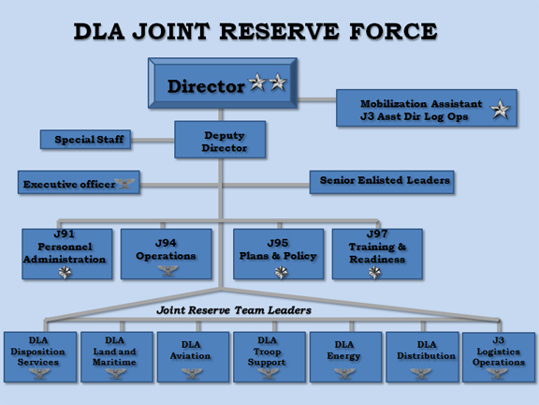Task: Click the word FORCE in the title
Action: pos(393,31)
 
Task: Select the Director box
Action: pos(223,83)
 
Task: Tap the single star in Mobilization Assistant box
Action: pos(500,110)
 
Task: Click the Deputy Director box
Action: pos(220,140)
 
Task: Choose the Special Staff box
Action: pos(85,139)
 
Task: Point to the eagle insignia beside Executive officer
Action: pos(124,183)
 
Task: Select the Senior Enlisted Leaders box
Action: pos(382,182)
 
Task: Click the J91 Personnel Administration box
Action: pos(67,254)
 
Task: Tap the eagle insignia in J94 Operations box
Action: pos(168,270)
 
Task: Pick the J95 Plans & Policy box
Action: pos(279,254)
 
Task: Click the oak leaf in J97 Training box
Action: pos(374,273)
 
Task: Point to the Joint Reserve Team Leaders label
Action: pos(234,310)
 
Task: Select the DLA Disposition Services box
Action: pos(40,357)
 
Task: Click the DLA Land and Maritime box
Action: pos(117,357)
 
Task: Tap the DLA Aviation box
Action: pos(193,357)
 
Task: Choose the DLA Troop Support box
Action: pos(269,357)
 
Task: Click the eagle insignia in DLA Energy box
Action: pos(344,373)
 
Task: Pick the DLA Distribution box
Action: pos(422,357)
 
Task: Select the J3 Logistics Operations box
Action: pos(499,357)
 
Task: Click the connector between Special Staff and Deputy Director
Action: pos(153,141)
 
